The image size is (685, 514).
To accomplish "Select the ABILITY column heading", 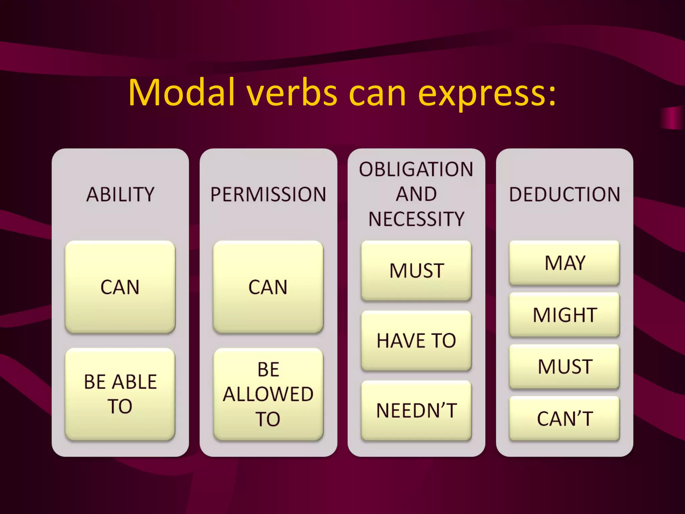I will coord(120,194).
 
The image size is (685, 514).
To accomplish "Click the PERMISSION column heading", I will coord(268,194).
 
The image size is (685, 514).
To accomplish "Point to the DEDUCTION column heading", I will coord(565,194).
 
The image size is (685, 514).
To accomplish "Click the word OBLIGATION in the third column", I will coord(416,169).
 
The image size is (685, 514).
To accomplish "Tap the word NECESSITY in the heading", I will coord(416,219).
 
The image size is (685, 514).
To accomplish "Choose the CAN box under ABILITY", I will coord(120,287).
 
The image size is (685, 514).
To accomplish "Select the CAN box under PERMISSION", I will coord(268,287).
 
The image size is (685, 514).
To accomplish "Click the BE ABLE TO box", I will coord(120,394).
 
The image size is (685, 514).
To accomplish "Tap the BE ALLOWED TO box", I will coord(268,394).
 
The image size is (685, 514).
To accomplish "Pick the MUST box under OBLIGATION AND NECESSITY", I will coord(416,270).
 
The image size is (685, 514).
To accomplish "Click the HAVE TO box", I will coord(416,341).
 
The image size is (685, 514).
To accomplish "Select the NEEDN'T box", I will coord(416,411).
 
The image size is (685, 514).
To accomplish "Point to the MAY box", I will coord(565,263).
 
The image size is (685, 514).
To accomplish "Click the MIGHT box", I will coord(565,315).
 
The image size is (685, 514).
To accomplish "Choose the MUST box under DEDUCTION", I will coord(565,366).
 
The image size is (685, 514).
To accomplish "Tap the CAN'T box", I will coord(565,418).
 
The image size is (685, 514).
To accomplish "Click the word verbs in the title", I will coord(292,93).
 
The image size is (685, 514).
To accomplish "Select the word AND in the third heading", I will coord(416,194).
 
